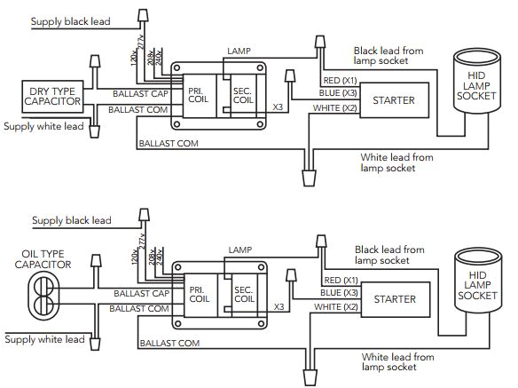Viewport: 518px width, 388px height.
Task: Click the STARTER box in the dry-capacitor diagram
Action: (394, 100)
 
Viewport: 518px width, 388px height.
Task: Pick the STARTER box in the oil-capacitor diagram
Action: (394, 299)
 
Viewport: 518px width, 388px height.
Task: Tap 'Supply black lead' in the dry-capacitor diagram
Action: (71, 20)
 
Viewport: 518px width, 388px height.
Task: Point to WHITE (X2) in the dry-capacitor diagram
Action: (334, 107)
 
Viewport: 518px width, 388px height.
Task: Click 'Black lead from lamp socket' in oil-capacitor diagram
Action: (393, 256)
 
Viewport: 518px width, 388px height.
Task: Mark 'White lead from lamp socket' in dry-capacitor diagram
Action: (397, 162)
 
